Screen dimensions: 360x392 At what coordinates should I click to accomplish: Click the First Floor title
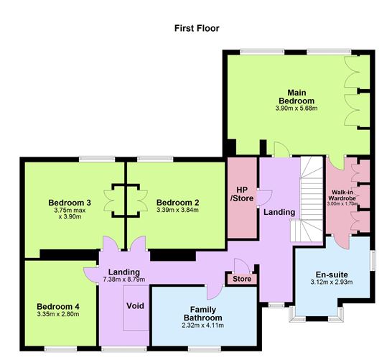point(196,29)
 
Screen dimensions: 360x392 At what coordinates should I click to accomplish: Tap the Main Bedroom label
point(296,97)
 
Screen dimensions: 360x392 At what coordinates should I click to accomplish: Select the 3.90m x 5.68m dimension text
point(296,109)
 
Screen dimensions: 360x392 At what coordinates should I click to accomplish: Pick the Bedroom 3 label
point(70,202)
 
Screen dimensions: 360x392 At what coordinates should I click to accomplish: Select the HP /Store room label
point(241,193)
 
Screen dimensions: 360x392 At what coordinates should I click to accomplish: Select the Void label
point(135,306)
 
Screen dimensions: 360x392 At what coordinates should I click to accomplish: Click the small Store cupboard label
point(242,278)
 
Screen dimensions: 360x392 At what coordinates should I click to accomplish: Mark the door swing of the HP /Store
point(263,195)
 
